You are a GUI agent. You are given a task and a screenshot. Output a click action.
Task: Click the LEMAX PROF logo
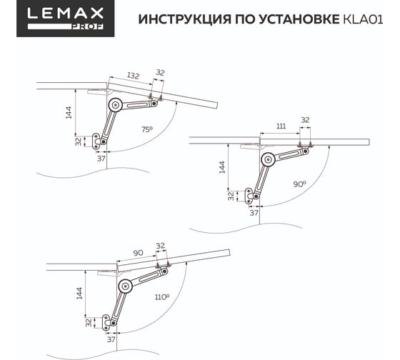pos(65,19)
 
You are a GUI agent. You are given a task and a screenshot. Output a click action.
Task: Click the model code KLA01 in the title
pos(364,19)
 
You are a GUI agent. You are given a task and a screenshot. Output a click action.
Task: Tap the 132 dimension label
pos(133,76)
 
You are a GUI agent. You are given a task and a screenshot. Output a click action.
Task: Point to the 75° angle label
pos(147,129)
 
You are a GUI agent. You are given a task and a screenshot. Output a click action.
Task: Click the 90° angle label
pos(299,184)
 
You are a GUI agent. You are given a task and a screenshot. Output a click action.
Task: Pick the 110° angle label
pos(162,297)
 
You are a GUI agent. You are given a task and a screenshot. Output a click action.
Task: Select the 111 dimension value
pos(281,126)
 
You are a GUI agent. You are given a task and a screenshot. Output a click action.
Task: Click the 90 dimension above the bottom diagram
pos(138,253)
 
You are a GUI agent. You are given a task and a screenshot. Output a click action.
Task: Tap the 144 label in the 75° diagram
pos(69,113)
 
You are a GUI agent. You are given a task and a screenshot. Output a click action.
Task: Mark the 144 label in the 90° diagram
pos(222,167)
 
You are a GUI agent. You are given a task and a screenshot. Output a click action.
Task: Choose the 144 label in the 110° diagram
pos(79,294)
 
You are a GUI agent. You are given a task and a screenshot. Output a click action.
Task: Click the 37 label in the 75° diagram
pos(101,159)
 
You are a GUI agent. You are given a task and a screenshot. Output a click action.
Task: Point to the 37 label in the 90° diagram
pos(254,213)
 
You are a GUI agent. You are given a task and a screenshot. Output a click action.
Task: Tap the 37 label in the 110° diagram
pos(111,339)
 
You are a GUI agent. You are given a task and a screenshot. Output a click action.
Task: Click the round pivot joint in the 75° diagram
pos(115,105)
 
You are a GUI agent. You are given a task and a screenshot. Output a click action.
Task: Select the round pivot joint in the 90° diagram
pos(268,159)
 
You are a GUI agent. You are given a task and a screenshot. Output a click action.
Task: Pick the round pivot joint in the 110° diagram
pos(125,286)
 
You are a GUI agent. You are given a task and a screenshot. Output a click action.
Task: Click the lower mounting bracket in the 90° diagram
pos(249,196)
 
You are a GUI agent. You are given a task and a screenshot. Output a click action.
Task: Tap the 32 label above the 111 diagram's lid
pos(305,120)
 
